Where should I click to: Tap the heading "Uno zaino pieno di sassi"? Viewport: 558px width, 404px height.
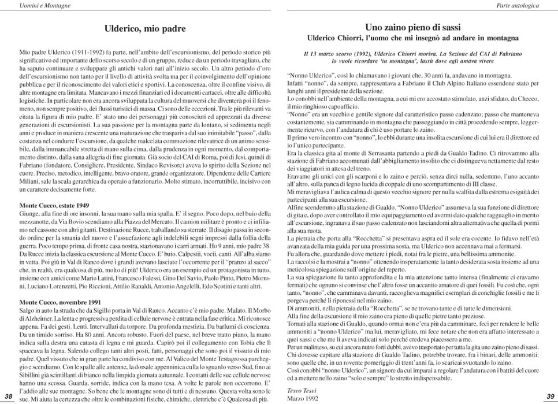pos(412,27)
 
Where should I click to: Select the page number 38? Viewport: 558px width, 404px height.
pos(8,395)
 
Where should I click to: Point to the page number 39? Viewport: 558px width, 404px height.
pos(549,395)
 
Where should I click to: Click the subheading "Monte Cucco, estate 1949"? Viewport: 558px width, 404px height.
pos(54,205)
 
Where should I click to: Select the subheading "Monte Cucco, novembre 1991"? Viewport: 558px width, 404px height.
pos(60,302)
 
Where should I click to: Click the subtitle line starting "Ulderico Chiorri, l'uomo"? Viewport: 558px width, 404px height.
pos(412,38)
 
